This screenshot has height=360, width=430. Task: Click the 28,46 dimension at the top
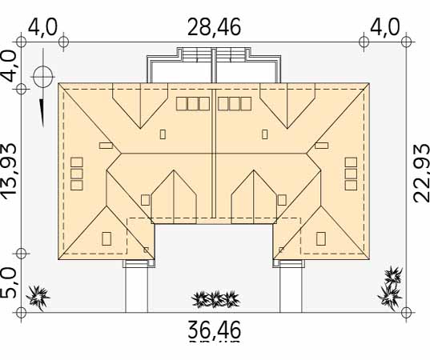[x=214, y=27]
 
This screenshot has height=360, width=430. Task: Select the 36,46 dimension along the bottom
[x=214, y=330]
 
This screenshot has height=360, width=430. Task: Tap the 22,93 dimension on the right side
[x=421, y=174]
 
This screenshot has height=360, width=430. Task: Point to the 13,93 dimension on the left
[x=9, y=169]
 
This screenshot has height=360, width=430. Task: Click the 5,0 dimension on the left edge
[x=8, y=284]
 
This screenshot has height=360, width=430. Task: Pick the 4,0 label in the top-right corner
[x=384, y=27]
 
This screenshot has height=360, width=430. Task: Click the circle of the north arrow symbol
[x=43, y=77]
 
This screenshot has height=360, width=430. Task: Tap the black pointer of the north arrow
[x=42, y=113]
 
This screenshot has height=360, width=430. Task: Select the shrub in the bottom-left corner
[x=38, y=298]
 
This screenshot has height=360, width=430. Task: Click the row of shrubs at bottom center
[x=215, y=299]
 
